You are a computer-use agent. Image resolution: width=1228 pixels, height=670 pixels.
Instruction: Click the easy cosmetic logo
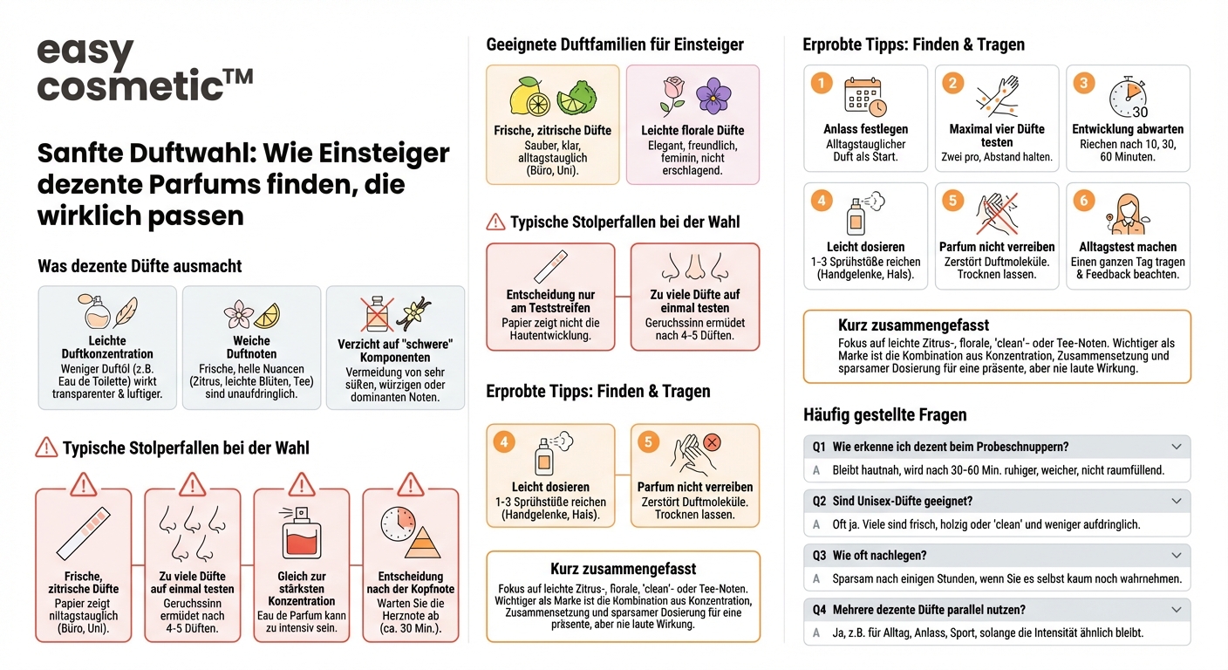tap(145, 71)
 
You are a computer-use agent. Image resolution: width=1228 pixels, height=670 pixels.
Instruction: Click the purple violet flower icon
tap(713, 96)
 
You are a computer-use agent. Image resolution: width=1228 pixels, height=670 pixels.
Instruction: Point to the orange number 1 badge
tap(821, 83)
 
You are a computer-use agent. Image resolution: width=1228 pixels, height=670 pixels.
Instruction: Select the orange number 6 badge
tap(1083, 201)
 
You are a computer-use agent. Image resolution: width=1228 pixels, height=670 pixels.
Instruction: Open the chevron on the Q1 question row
tap(1176, 447)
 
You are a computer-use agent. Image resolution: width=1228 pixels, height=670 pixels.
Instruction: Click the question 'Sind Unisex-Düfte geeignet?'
tap(902, 502)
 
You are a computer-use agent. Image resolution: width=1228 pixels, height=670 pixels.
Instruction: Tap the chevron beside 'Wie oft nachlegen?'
tap(1176, 556)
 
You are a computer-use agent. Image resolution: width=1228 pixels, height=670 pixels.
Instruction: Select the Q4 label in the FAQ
tap(818, 610)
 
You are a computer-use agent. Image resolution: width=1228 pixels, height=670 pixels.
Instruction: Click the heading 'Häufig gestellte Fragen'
tap(884, 414)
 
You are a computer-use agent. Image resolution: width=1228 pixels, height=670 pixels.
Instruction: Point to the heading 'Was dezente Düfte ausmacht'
tap(140, 266)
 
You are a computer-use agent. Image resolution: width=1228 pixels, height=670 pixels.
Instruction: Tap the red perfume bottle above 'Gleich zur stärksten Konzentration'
tap(301, 534)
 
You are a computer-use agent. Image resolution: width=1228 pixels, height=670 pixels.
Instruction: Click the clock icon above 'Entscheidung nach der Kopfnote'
tap(397, 523)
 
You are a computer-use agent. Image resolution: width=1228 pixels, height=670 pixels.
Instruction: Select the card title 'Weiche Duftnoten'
tap(251, 347)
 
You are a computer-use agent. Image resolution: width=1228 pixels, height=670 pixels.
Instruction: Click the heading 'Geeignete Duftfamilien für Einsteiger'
tap(615, 44)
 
